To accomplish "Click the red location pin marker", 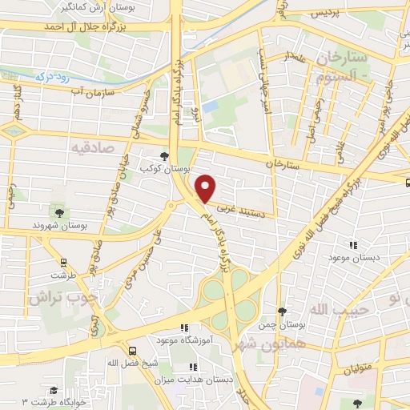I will [x=207, y=188].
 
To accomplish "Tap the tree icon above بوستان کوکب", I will [x=164, y=156].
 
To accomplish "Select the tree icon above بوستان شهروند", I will [x=58, y=212].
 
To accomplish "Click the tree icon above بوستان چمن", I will [x=281, y=312].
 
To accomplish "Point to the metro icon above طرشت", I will [x=62, y=261].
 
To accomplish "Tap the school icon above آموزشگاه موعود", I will [x=183, y=328].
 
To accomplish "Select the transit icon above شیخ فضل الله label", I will [x=133, y=350].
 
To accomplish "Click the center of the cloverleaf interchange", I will [x=229, y=299].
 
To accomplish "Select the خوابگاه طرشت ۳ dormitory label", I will [x=61, y=400].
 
